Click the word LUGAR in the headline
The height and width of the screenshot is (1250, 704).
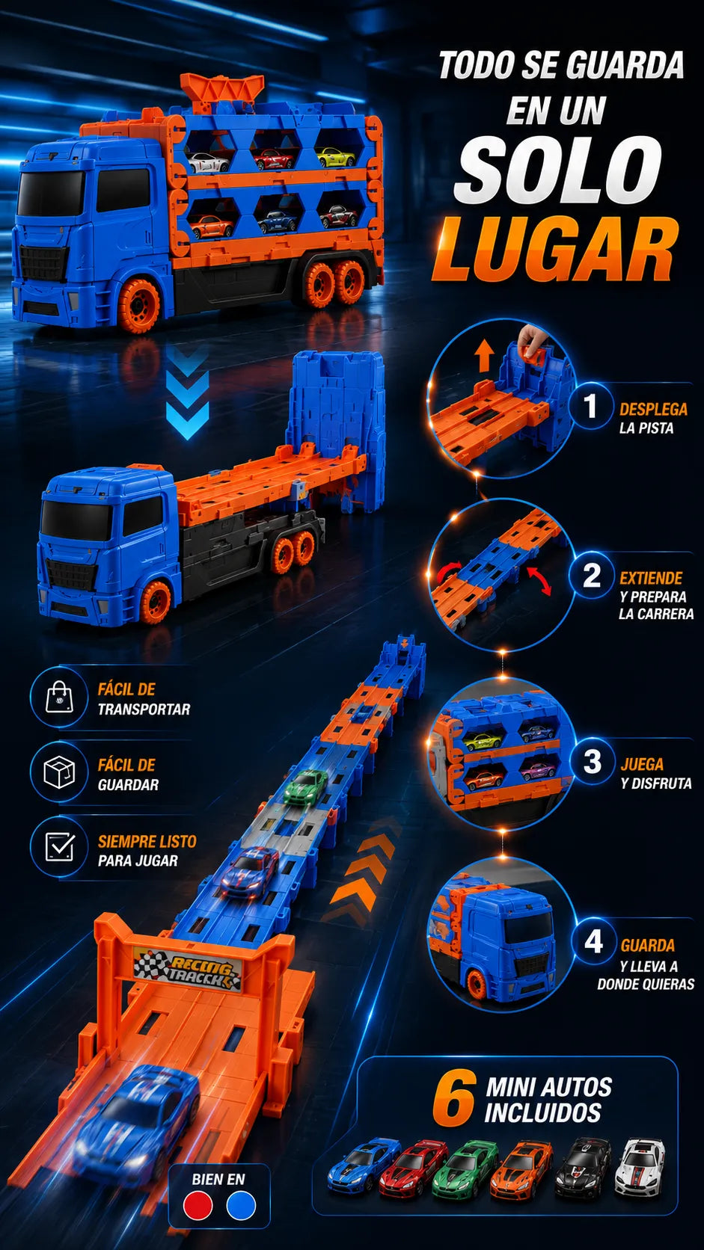(556, 249)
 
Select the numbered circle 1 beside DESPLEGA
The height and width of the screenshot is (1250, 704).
(590, 406)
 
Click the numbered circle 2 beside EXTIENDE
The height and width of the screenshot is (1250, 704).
(591, 575)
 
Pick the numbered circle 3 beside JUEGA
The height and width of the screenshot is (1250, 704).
(591, 761)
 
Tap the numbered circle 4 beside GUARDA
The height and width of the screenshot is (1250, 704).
(593, 942)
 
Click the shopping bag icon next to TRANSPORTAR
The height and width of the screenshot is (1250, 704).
(59, 697)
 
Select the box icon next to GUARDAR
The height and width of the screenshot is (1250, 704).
(59, 772)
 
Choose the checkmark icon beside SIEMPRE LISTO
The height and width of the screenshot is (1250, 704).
(60, 847)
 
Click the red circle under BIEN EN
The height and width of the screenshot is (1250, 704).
(198, 1205)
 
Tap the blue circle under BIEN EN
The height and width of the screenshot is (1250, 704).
(241, 1205)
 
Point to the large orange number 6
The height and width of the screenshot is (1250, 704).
(453, 1098)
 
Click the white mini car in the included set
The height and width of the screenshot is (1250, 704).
(640, 1167)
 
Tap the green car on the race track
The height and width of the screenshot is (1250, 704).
(304, 786)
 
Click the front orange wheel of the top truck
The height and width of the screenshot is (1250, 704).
(138, 306)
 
